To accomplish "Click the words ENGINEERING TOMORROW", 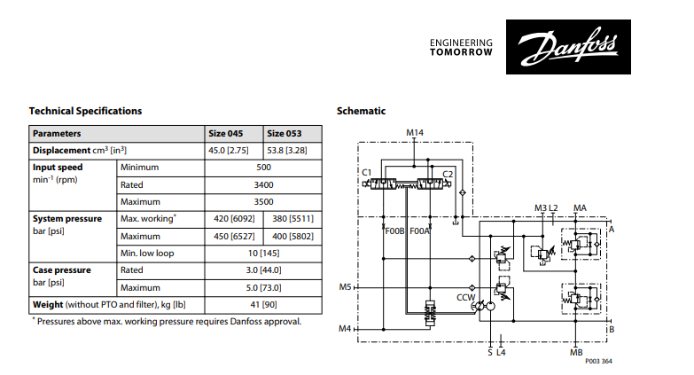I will [460, 47].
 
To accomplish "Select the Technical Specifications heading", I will [85, 111].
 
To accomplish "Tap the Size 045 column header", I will [225, 133].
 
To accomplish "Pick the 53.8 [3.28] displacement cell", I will [288, 151].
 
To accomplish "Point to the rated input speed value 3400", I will [263, 184].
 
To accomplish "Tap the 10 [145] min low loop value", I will [263, 253].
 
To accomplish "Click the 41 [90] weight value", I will [263, 304].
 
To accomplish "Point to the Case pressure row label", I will [61, 270].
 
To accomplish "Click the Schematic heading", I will [361, 111].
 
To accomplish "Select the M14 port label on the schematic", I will [415, 133].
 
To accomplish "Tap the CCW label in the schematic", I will [464, 298].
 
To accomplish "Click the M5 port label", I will [346, 287].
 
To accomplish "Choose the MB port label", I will [576, 352].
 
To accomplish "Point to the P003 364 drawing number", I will [599, 362].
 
